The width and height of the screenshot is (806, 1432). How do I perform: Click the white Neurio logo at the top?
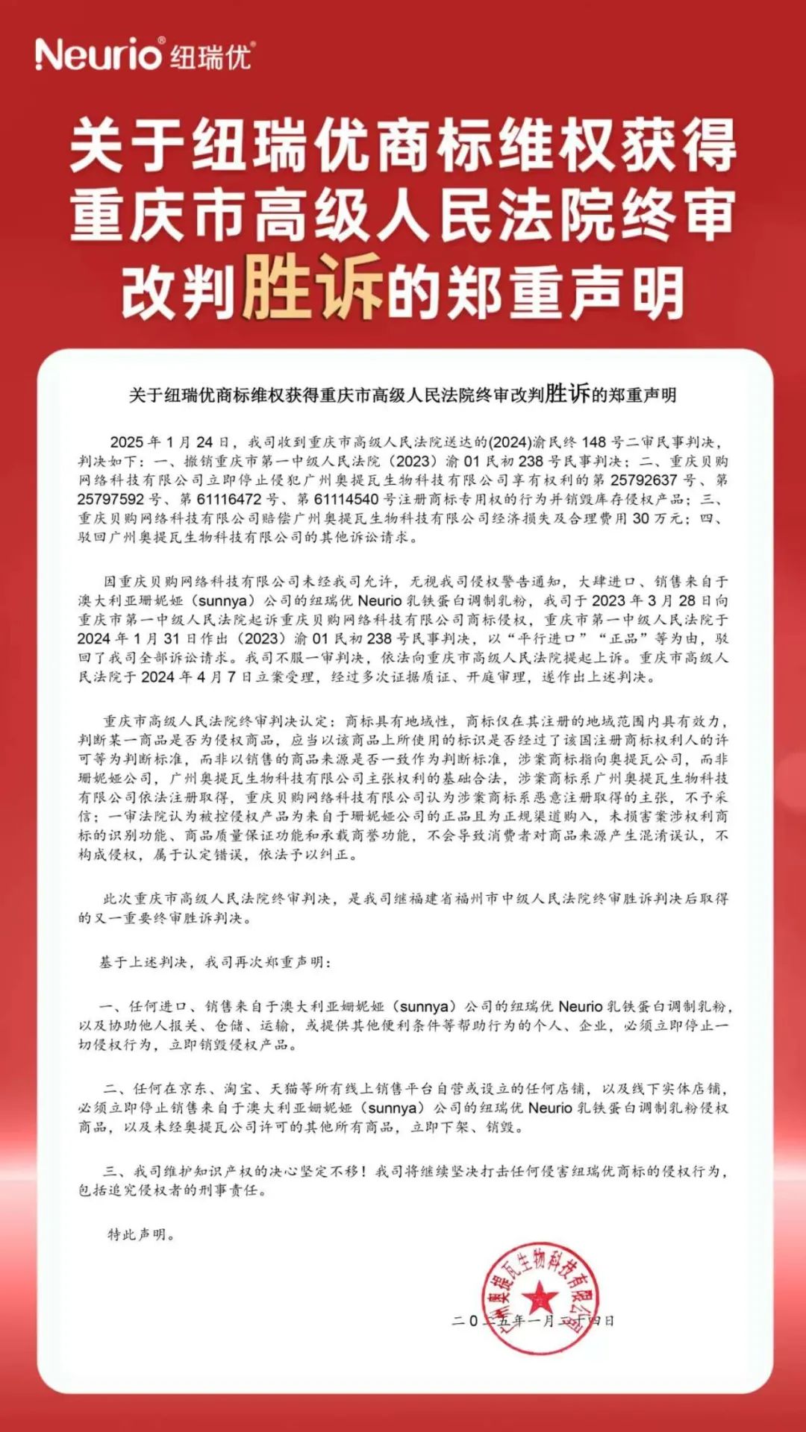98,54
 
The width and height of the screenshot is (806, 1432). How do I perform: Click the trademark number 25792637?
643,480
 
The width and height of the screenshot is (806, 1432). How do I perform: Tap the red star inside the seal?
539,1298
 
